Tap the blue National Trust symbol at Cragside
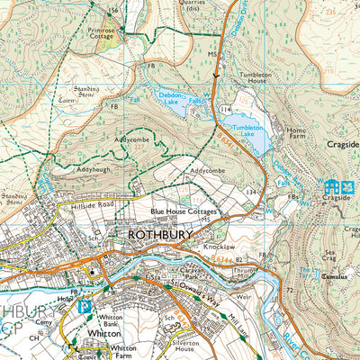click(339, 186)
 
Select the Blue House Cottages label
click(186, 211)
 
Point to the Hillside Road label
click(88, 206)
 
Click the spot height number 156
click(112, 10)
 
